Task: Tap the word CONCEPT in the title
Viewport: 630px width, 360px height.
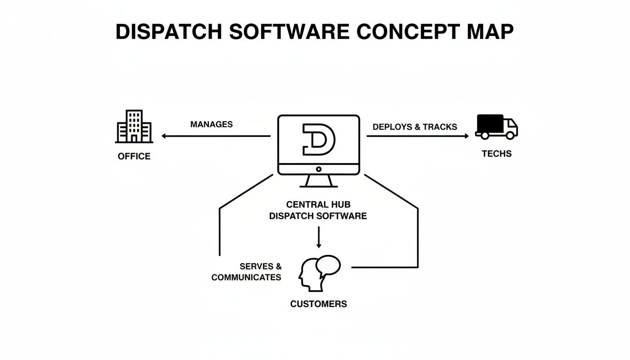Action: click(408, 31)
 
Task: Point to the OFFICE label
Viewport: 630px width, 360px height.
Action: click(134, 156)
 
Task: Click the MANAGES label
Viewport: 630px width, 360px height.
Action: click(211, 124)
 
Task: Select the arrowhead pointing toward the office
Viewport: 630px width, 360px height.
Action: click(164, 136)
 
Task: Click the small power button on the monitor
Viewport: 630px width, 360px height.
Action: click(319, 169)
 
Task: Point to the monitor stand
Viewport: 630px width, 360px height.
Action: click(319, 181)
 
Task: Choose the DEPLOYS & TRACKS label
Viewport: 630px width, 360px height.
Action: click(415, 127)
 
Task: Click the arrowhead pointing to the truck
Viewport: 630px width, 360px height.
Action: click(466, 136)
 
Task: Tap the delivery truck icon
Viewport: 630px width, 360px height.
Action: click(496, 126)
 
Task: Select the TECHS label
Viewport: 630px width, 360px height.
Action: click(496, 153)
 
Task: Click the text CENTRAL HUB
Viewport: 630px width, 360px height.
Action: click(318, 205)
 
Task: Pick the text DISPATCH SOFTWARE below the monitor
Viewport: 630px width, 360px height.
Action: click(318, 216)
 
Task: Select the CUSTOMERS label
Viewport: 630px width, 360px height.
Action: click(319, 304)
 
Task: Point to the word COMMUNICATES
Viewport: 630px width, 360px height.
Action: click(246, 277)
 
